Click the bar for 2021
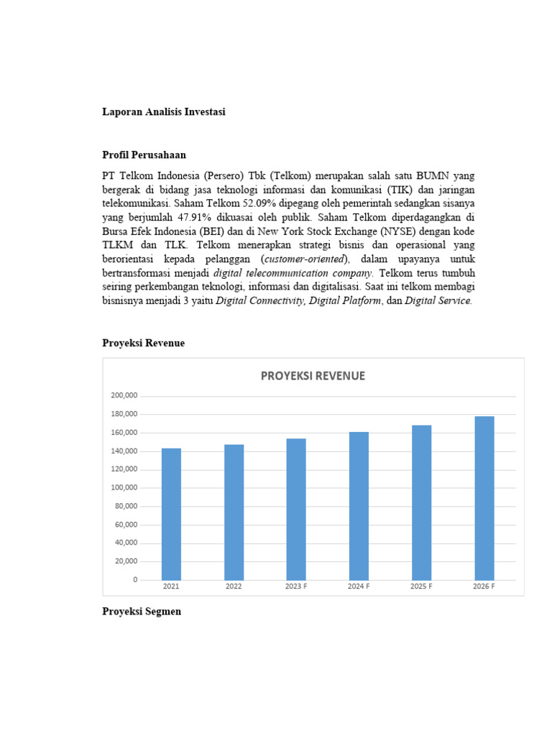click(171, 514)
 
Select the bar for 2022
click(234, 512)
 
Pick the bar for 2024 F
click(359, 506)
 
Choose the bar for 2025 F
click(421, 502)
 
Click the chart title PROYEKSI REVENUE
click(313, 376)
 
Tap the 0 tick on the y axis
click(134, 580)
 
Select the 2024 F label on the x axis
click(359, 587)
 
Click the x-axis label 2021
click(171, 587)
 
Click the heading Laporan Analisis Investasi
click(164, 112)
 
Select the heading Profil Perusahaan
click(144, 155)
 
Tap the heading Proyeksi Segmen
click(142, 612)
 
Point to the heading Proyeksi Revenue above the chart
click(143, 344)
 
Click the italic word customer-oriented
click(305, 259)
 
